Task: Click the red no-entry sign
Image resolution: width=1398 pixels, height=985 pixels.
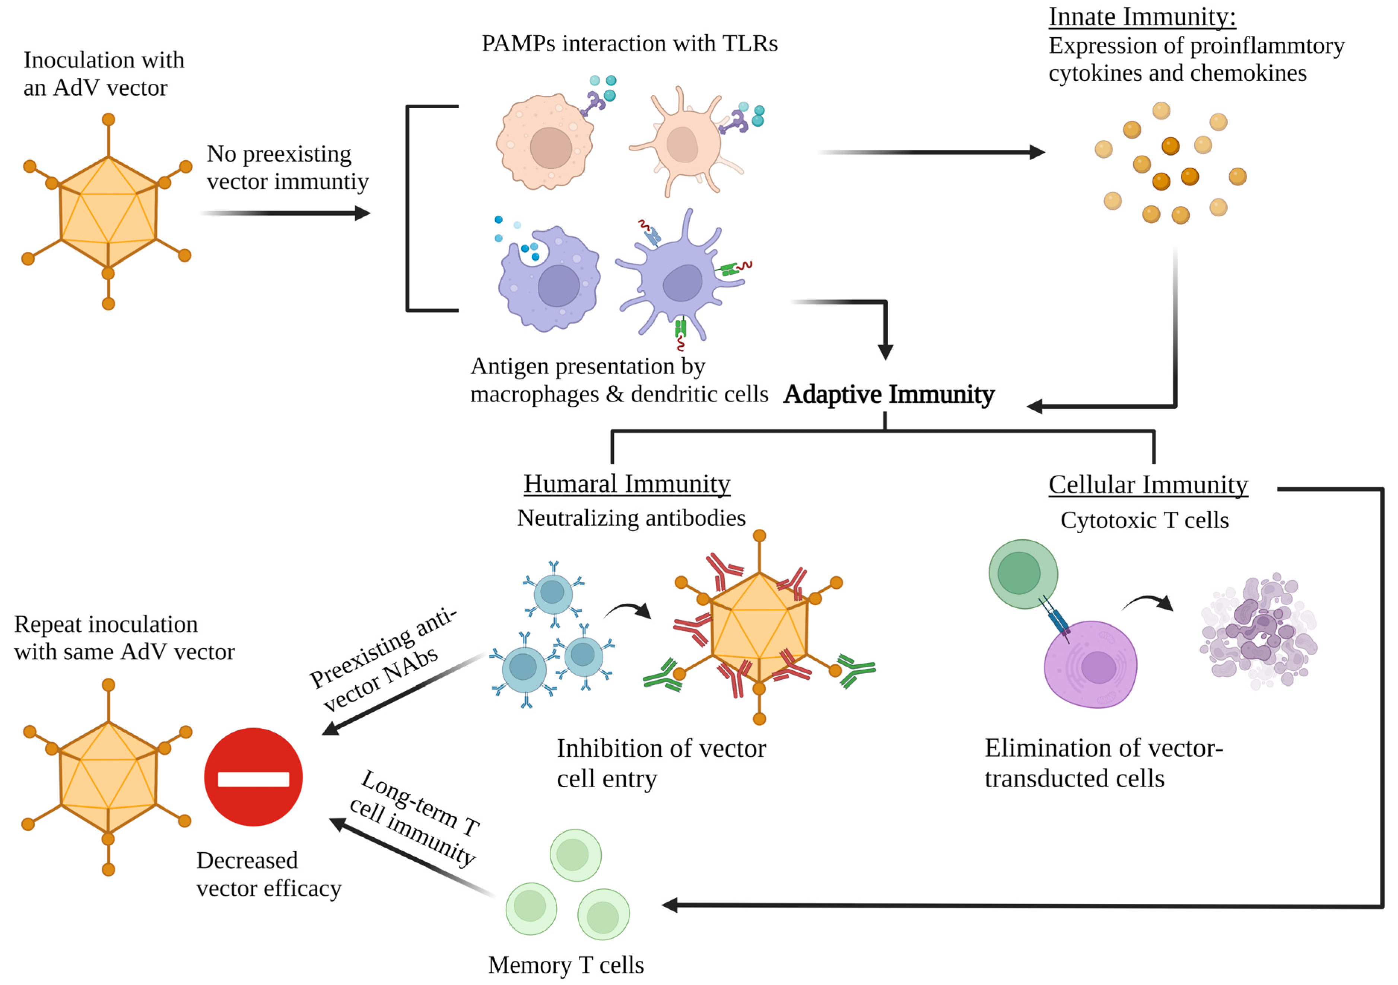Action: [x=253, y=778]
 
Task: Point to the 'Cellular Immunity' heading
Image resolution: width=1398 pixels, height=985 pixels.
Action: [x=1148, y=485]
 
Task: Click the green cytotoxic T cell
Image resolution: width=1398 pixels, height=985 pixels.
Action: [x=1023, y=573]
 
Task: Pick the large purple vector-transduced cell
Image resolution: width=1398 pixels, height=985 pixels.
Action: [x=1090, y=665]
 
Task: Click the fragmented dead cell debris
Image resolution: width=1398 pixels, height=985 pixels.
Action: [x=1257, y=633]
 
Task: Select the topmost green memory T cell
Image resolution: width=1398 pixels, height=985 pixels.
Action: [x=575, y=855]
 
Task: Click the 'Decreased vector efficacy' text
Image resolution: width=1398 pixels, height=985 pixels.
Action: [x=268, y=874]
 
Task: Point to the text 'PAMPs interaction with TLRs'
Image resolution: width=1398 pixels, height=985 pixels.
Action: [x=629, y=44]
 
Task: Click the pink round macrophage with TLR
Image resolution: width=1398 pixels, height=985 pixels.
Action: [x=545, y=143]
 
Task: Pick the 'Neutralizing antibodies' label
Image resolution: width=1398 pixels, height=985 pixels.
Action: [x=631, y=518]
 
